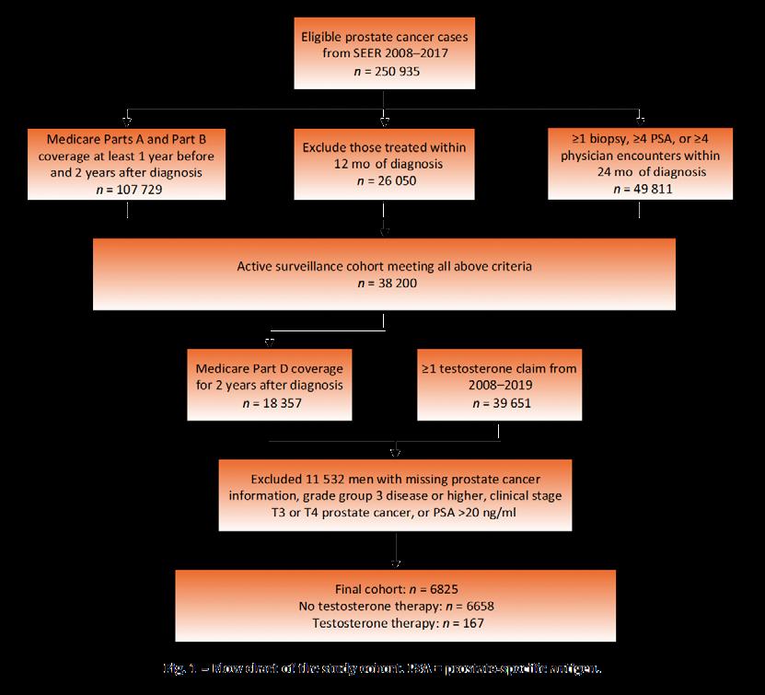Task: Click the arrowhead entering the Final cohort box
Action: pyautogui.click(x=396, y=564)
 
